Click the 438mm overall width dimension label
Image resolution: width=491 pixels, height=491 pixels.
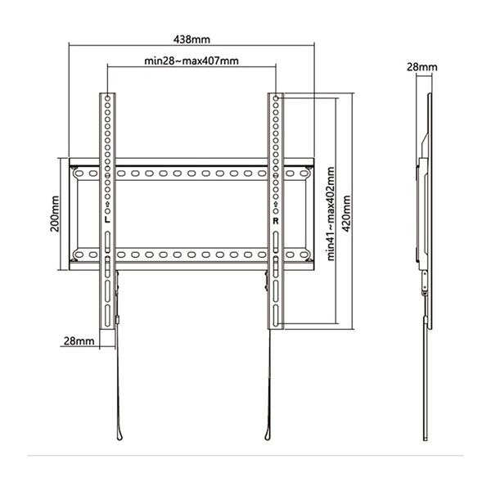190,38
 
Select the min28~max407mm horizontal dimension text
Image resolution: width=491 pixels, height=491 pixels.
191,61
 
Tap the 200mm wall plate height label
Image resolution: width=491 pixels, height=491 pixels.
55,213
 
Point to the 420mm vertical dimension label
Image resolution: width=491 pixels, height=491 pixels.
348,214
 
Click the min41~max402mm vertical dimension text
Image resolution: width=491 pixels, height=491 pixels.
331,214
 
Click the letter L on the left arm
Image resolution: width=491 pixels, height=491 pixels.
108,220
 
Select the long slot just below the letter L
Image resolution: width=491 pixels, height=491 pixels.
108,241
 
